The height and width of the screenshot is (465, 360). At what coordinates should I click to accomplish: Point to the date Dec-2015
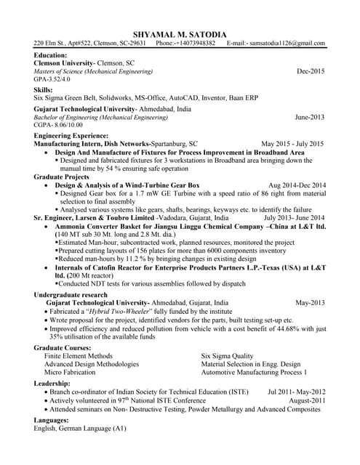(311, 72)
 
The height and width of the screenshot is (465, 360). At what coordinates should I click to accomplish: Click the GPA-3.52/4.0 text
(52, 79)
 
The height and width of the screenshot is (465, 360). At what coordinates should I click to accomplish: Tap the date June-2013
(310, 117)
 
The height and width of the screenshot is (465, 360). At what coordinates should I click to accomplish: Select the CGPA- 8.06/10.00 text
(58, 125)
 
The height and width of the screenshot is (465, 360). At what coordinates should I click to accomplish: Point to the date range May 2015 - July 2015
(293, 144)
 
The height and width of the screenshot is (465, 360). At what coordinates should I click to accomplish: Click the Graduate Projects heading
(61, 177)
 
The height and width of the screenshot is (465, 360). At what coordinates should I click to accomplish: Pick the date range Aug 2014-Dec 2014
(297, 185)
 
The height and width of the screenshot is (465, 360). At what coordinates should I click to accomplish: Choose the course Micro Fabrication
(70, 372)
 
